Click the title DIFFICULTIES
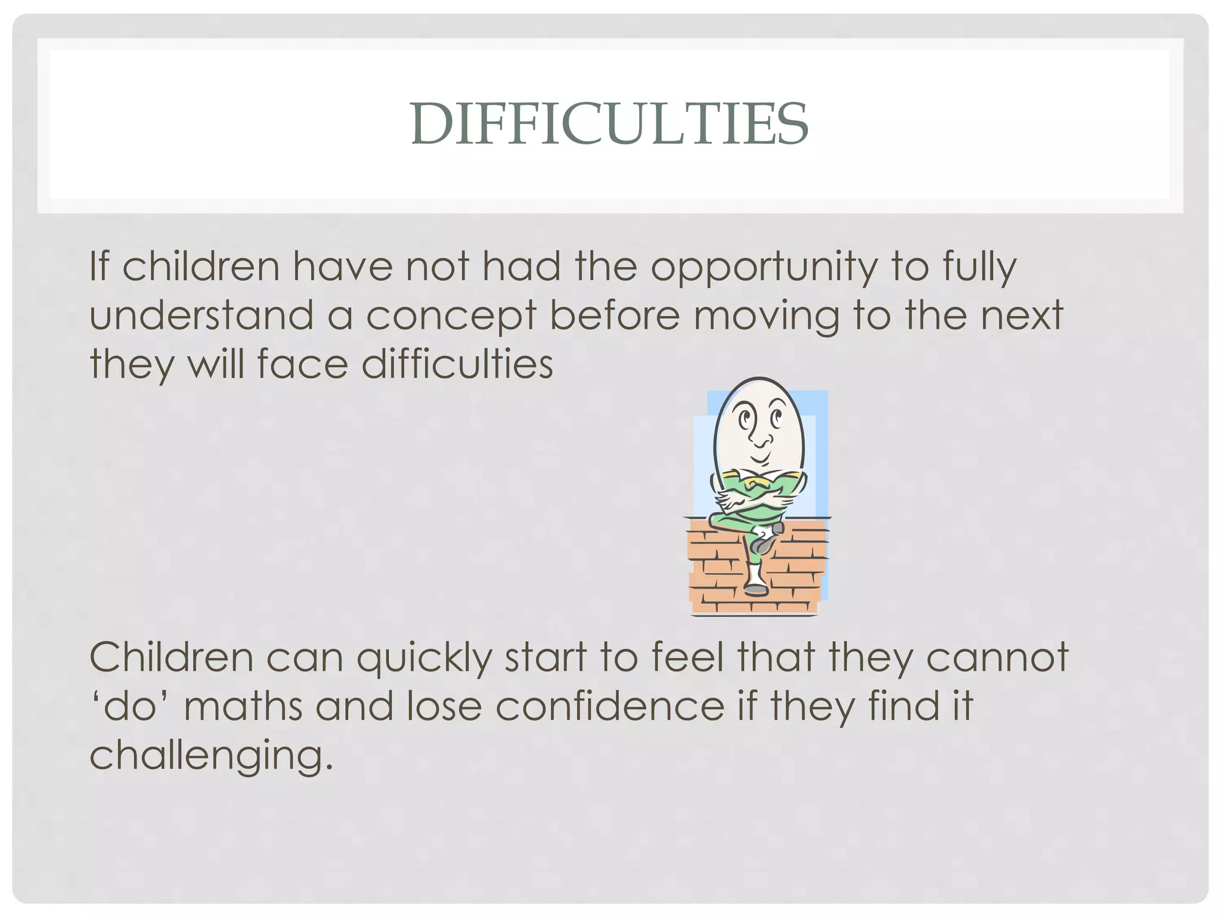[609, 124]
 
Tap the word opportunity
[764, 268]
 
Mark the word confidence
[609, 706]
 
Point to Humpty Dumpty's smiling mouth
[760, 460]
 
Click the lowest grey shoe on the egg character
[756, 589]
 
